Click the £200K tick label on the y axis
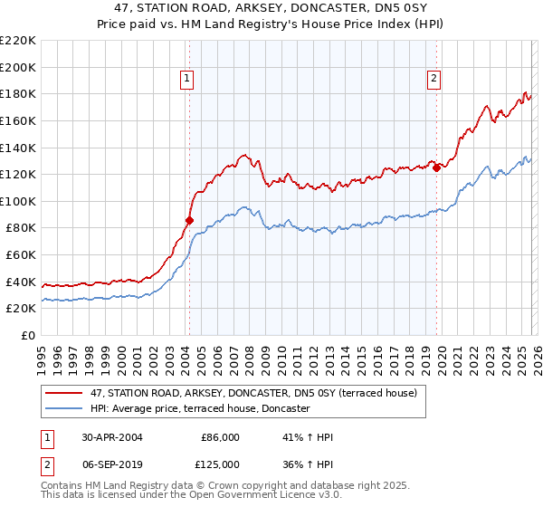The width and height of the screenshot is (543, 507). click(x=18, y=67)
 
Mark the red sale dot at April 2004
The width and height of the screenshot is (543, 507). click(x=189, y=220)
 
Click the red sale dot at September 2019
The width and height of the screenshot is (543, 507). click(x=436, y=167)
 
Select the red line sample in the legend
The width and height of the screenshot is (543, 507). click(x=63, y=393)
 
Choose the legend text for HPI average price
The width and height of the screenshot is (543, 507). click(x=200, y=409)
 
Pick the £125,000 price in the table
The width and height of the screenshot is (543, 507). click(x=220, y=464)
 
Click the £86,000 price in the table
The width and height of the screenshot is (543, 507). click(x=220, y=437)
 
